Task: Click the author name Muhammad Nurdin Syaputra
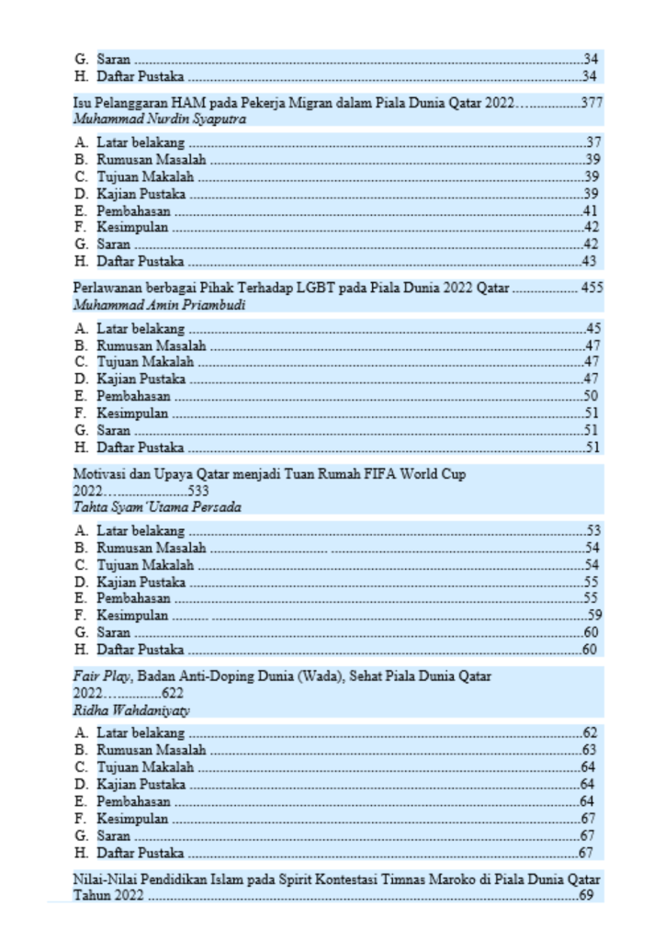[x=159, y=119]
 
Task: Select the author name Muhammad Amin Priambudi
[x=159, y=304]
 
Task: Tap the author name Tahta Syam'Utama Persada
[x=157, y=507]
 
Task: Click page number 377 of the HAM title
[x=592, y=102]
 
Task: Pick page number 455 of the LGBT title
[x=592, y=288]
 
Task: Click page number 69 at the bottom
[x=587, y=896]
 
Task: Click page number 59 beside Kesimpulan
[x=594, y=615]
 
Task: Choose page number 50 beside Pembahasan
[x=592, y=396]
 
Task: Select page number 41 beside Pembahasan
[x=592, y=210]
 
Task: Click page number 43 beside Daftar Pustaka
[x=592, y=261]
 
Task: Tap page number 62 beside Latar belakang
[x=590, y=733]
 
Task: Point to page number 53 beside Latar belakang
[x=592, y=531]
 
